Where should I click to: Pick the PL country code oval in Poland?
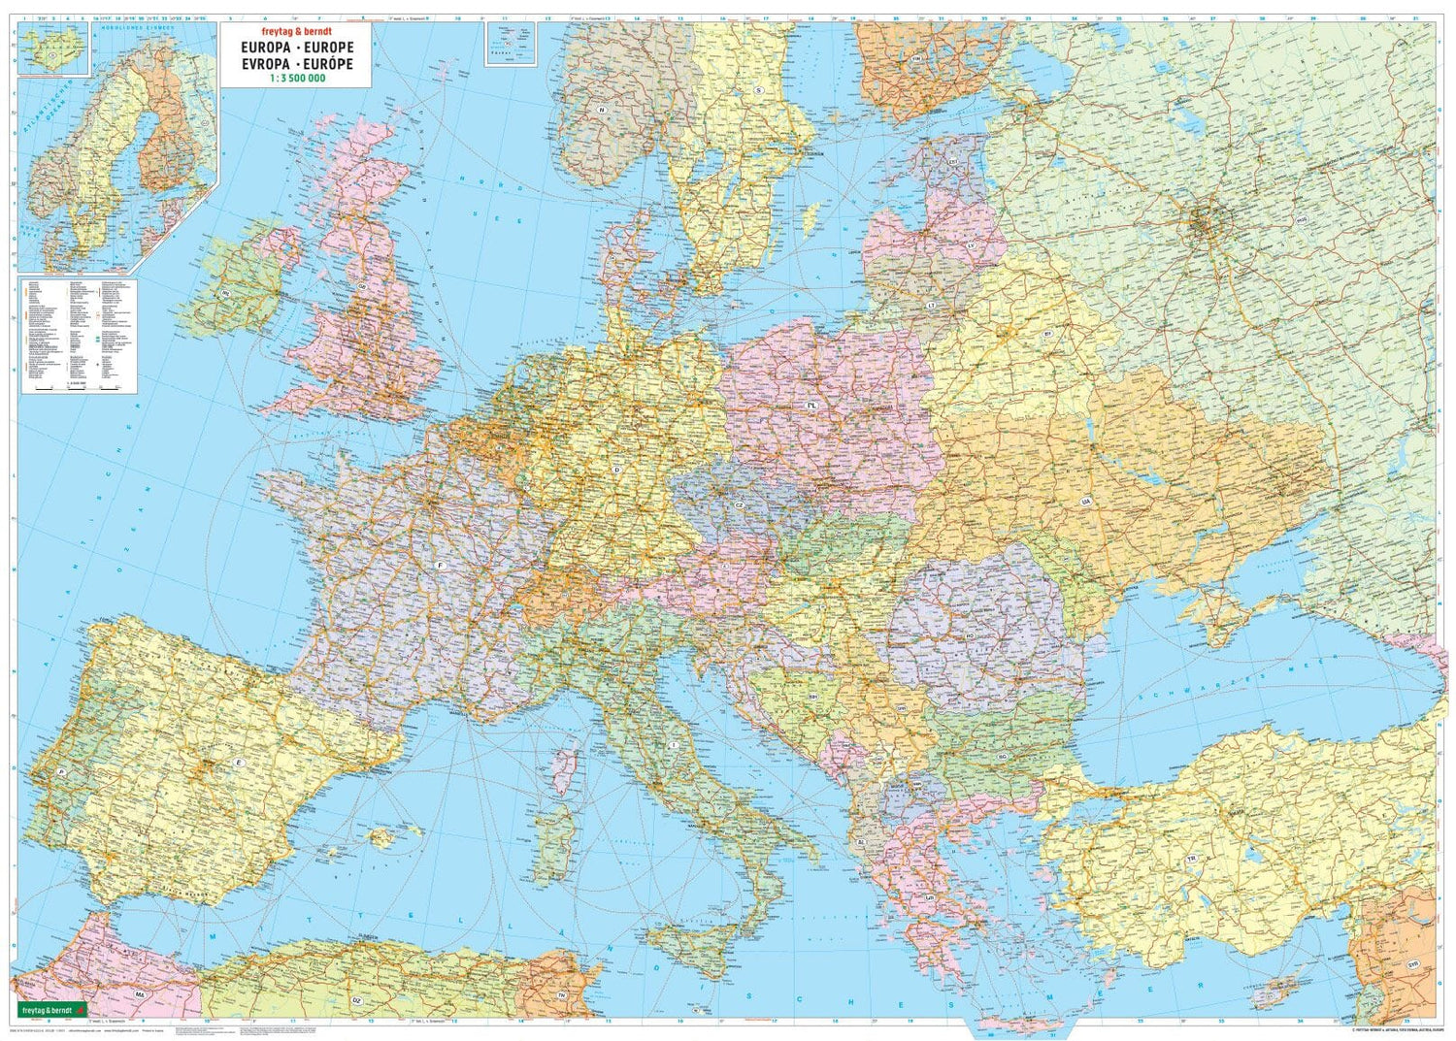tap(811, 404)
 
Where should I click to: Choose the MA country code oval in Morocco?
tap(140, 995)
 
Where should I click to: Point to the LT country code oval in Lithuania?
tap(931, 306)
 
